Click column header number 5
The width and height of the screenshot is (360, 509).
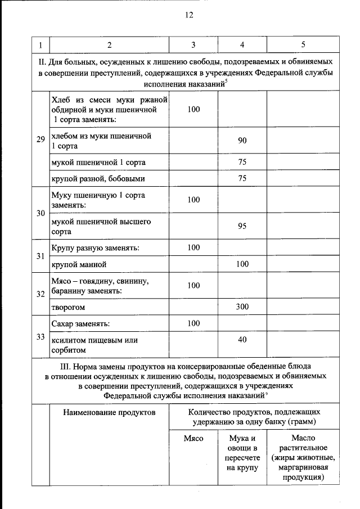pyautogui.click(x=303, y=44)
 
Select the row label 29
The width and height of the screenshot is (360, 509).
pyautogui.click(x=40, y=140)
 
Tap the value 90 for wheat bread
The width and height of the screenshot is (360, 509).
pyautogui.click(x=242, y=141)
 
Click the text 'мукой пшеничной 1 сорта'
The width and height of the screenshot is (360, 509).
pyautogui.click(x=98, y=162)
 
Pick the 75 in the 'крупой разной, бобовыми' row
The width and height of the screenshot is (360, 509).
pyautogui.click(x=242, y=179)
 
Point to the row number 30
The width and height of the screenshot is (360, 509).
pyautogui.click(x=40, y=213)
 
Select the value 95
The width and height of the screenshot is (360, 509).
pyautogui.click(x=242, y=227)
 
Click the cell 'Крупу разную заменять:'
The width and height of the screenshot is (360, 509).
pyautogui.click(x=95, y=247)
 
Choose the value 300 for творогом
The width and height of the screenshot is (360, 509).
pyautogui.click(x=242, y=307)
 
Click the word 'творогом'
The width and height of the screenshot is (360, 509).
pyautogui.click(x=69, y=308)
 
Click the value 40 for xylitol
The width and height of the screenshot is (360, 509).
pyautogui.click(x=242, y=339)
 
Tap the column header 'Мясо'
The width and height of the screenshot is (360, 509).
pyautogui.click(x=193, y=438)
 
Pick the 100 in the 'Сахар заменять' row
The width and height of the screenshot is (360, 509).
pyautogui.click(x=193, y=323)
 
